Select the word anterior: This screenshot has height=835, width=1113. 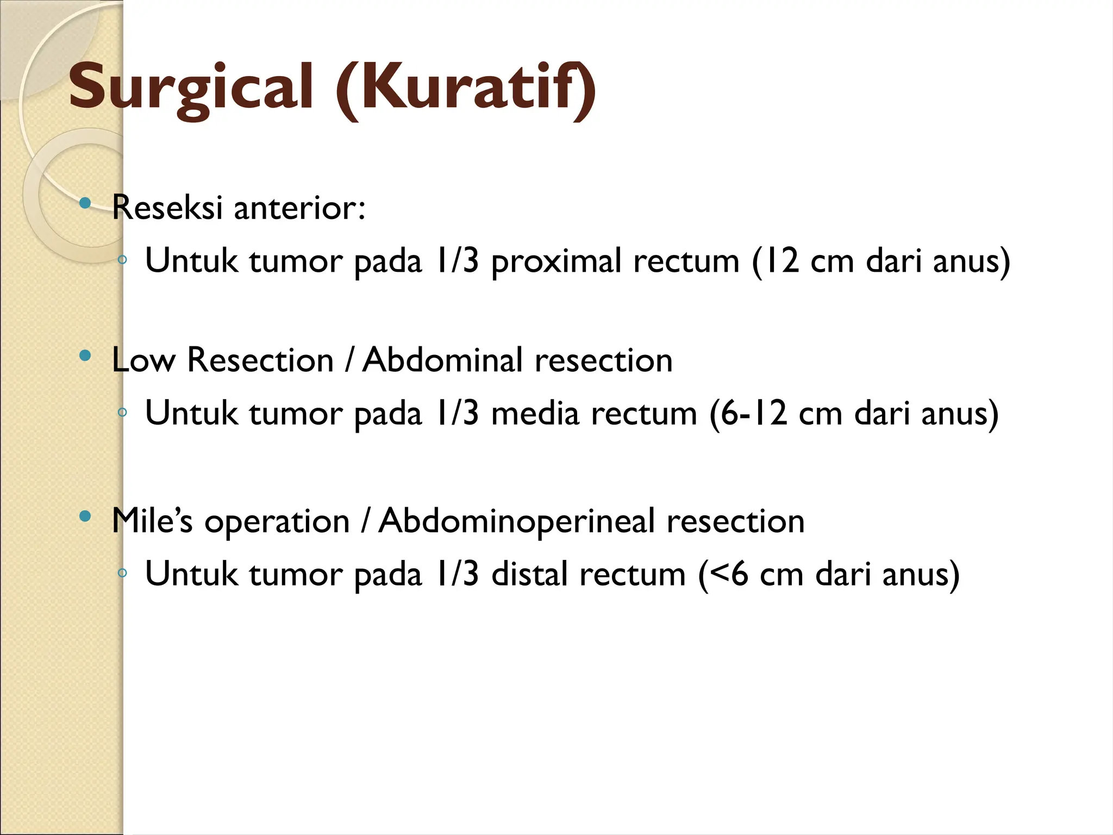(x=299, y=208)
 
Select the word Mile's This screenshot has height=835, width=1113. (x=152, y=521)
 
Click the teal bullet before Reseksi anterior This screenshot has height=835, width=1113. (x=85, y=204)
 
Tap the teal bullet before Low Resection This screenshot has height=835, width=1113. (x=85, y=356)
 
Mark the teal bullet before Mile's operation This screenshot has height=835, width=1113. (x=85, y=516)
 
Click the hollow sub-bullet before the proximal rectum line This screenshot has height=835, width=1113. (x=122, y=260)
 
